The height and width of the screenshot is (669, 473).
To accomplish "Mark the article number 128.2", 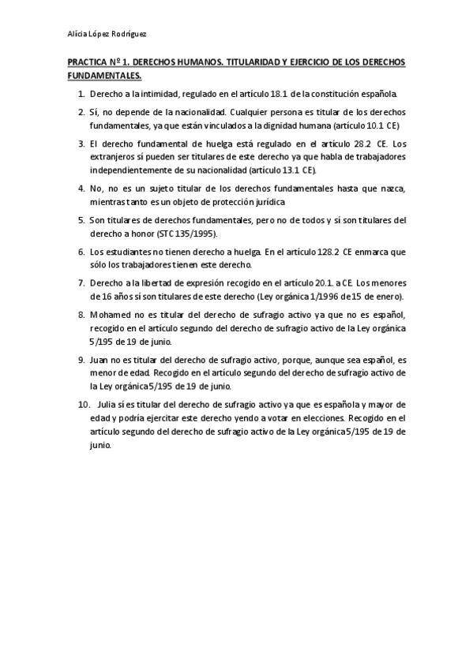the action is click(328, 252).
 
